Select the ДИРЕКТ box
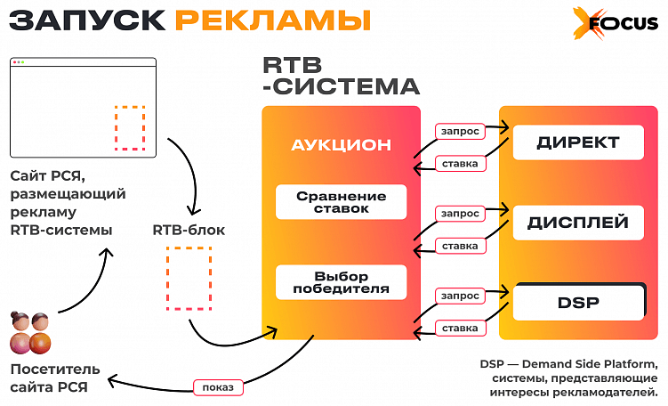[578, 142]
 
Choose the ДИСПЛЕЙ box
[578, 223]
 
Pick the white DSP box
[578, 303]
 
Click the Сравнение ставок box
[341, 202]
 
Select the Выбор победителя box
[341, 282]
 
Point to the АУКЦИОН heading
[341, 145]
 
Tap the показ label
[219, 388]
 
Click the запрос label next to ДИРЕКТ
[460, 132]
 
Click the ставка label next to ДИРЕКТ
[460, 164]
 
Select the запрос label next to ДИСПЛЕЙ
[460, 214]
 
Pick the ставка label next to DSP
[460, 329]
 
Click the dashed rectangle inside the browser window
[130, 128]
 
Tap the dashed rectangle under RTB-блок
[189, 279]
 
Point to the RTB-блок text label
[189, 230]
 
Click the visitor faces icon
[31, 333]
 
